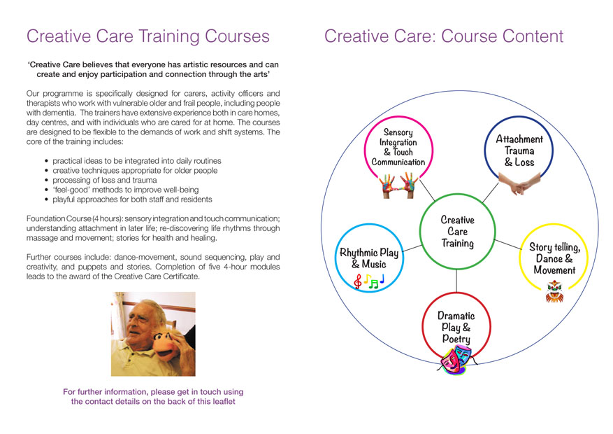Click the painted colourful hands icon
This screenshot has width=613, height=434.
(398, 185)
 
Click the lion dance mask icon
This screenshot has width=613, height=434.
(554, 292)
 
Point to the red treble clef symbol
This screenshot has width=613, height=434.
(357, 281)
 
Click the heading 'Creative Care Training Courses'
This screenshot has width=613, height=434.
(147, 36)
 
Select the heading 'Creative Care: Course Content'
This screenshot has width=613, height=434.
(444, 36)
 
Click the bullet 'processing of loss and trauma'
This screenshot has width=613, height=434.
(104, 180)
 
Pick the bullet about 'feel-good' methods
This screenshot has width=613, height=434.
(125, 190)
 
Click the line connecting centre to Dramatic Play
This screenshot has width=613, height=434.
(456, 281)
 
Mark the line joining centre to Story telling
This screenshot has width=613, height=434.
(508, 244)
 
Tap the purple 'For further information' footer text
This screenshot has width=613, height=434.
(153, 396)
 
